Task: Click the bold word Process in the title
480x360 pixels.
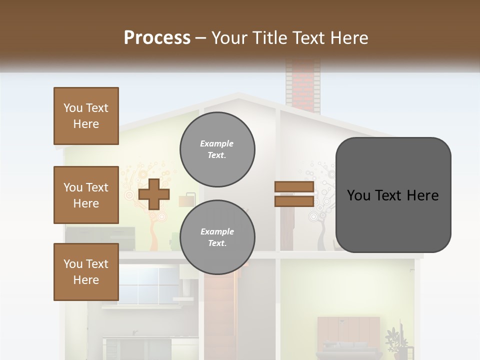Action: [157, 38]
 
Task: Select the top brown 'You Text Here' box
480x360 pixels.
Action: [86, 116]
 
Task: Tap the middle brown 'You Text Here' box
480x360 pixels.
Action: [86, 195]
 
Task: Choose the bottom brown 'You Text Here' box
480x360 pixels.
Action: [86, 272]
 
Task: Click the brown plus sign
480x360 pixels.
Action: [153, 194]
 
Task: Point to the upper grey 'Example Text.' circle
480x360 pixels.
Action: [217, 149]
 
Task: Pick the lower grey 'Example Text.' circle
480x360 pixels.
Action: [217, 237]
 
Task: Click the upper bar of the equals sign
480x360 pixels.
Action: [294, 187]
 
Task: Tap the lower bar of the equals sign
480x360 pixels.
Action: [294, 201]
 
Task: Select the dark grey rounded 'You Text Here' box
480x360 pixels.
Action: [393, 195]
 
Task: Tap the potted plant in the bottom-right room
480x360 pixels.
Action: [396, 342]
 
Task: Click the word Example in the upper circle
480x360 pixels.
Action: [216, 143]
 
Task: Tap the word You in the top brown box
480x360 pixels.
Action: [73, 108]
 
